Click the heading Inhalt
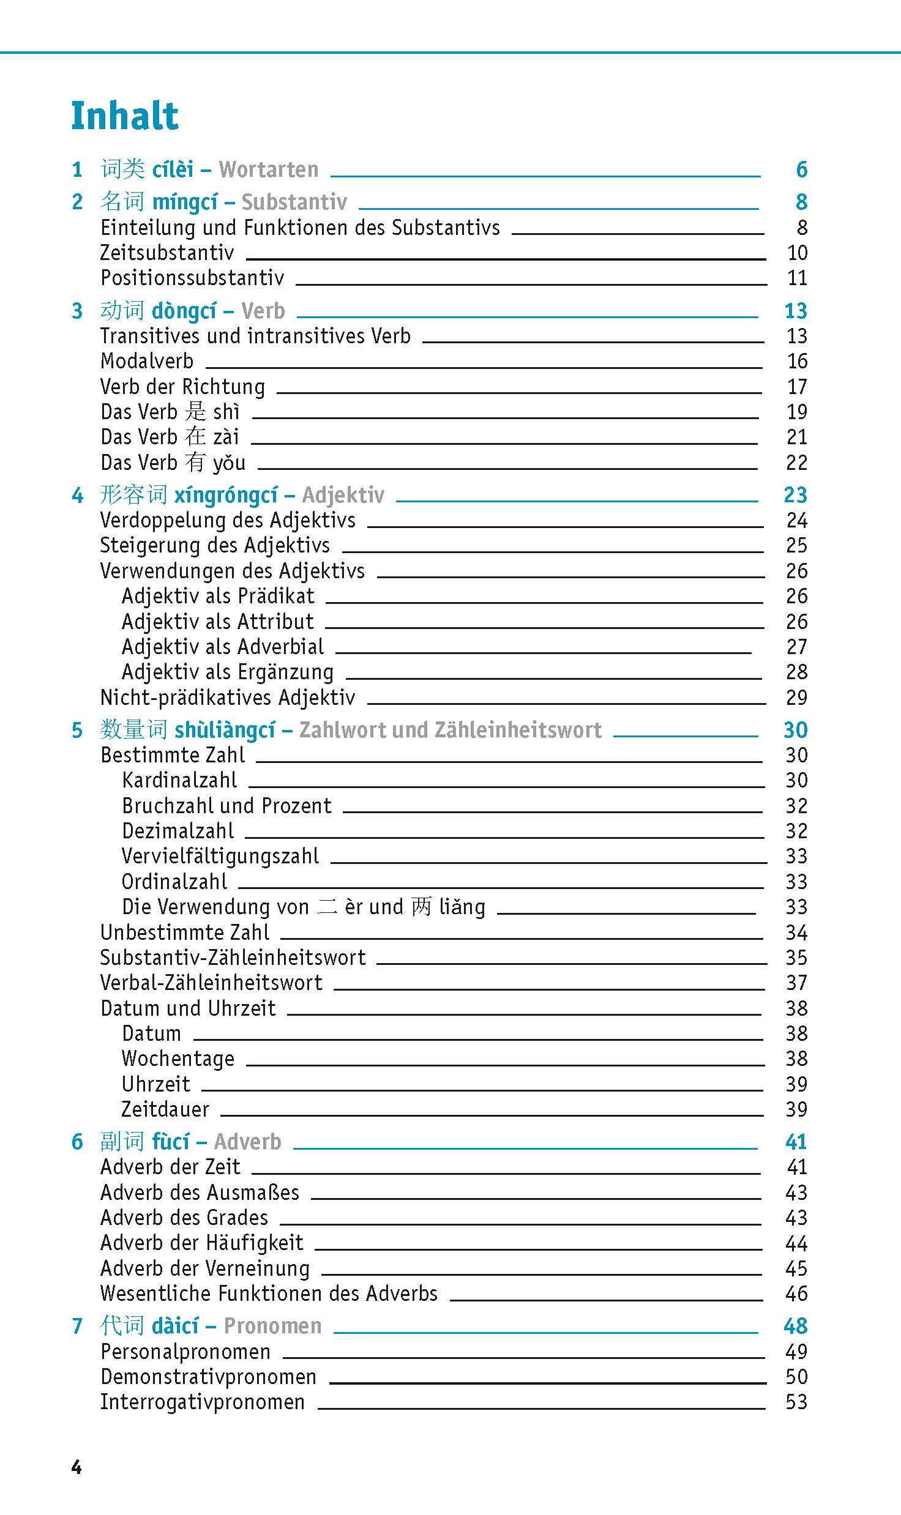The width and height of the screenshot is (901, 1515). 125,116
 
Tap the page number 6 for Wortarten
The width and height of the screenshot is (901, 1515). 801,169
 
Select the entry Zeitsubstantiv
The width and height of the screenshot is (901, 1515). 167,253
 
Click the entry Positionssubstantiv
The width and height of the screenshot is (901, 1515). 192,278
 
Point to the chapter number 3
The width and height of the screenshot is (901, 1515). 77,311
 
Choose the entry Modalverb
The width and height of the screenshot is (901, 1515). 147,361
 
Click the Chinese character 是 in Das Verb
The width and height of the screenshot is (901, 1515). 196,412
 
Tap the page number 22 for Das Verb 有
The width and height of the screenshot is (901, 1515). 796,463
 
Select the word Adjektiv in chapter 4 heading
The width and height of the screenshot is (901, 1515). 343,494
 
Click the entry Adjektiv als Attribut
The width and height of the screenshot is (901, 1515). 217,622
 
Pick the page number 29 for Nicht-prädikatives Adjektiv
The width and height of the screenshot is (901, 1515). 796,698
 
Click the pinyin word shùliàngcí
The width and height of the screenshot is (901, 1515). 225,730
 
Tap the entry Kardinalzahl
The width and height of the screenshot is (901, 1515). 179,780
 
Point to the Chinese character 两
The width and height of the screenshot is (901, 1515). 422,907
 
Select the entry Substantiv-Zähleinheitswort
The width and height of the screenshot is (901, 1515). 233,958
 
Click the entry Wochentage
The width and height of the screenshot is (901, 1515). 178,1059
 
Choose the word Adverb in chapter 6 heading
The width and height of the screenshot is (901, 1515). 247,1142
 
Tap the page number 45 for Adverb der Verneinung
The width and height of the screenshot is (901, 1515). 796,1268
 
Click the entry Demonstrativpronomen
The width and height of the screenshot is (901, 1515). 208,1377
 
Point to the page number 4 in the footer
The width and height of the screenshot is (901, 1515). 77,1468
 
